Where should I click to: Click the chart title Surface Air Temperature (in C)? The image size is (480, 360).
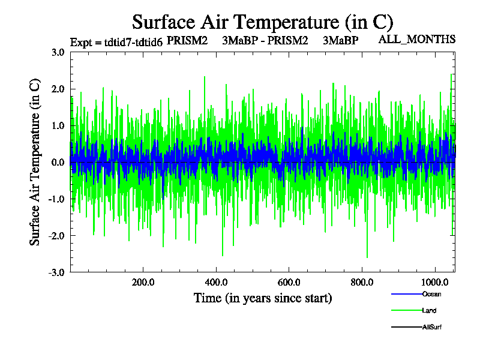pos(262,22)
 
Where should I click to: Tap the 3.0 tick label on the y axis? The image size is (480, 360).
pos(58,52)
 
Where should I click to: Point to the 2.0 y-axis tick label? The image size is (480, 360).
pos(58,89)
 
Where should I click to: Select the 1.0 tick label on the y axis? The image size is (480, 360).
pos(58,125)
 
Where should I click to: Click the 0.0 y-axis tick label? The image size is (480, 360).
pos(58,162)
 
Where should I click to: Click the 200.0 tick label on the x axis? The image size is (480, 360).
pos(143,283)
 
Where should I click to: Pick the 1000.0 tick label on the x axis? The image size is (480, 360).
pos(437,283)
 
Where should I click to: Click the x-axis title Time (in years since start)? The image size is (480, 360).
pos(262,298)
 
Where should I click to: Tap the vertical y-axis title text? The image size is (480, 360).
pos(35,162)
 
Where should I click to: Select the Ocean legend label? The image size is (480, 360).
pos(431,294)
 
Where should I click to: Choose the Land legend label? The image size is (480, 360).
pos(429,311)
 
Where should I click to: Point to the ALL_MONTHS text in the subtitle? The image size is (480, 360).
pos(417,40)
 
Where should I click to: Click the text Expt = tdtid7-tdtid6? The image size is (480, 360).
pos(116,42)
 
